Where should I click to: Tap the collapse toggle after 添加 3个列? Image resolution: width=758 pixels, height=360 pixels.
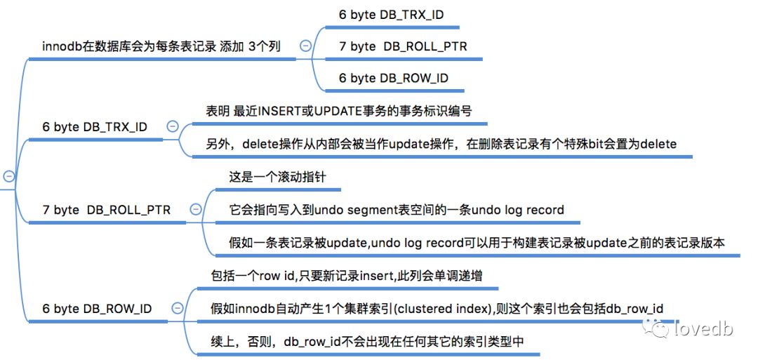click(305, 46)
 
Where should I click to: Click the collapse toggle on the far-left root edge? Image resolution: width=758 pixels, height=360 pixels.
click(8, 176)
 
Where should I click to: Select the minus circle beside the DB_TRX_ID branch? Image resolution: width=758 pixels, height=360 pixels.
click(173, 126)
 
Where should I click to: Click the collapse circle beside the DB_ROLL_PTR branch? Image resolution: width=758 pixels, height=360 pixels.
click(196, 209)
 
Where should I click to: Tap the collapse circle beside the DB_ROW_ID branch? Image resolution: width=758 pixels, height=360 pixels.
click(177, 308)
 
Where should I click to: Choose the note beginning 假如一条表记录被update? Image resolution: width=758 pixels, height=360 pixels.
click(477, 242)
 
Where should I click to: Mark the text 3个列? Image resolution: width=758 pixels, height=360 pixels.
click(265, 46)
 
